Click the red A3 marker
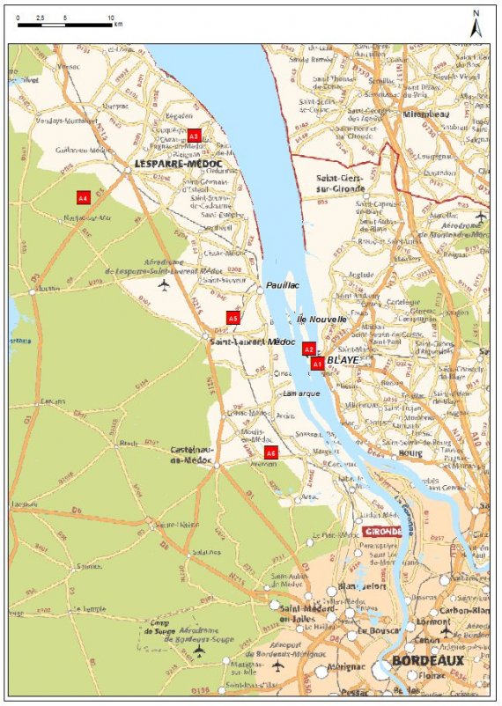pos(194,136)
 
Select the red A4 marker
pos(84,198)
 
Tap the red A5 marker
pos(233,318)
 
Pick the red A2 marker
pos(308,349)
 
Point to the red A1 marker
pos(317,362)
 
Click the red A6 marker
pos(271,452)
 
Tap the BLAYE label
pos(342,361)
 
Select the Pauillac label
pos(284,287)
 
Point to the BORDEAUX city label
pos(427,661)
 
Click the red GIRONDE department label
pos(384,531)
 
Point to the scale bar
pos(65,24)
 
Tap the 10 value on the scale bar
pos(110,17)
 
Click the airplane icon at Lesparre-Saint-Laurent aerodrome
pos(163,286)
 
